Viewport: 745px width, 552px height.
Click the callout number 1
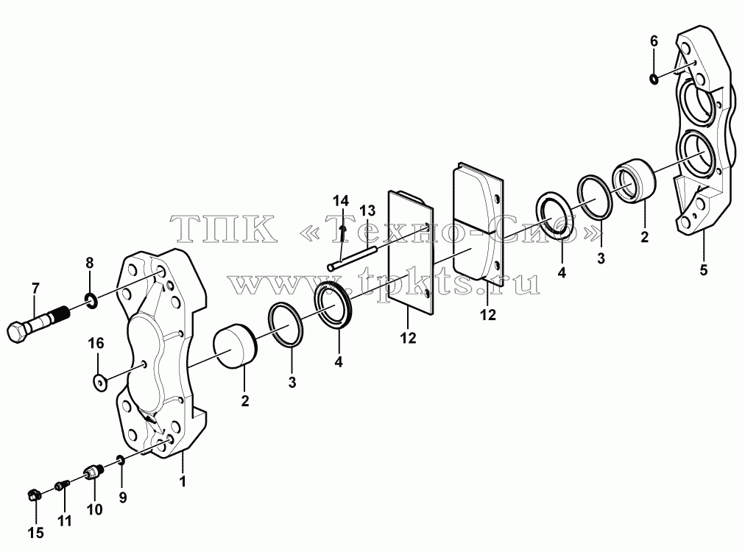click(x=183, y=481)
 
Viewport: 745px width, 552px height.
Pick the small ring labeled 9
click(x=121, y=459)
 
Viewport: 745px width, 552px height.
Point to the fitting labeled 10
click(x=94, y=473)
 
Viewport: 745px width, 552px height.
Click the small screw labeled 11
click(x=63, y=486)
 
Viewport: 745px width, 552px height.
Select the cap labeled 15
click(x=33, y=495)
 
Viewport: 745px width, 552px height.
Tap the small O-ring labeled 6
click(x=654, y=78)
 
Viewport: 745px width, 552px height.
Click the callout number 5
click(x=703, y=270)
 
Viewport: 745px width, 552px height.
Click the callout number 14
click(x=340, y=200)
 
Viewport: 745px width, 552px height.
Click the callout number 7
click(x=35, y=288)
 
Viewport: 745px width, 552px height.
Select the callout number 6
click(x=654, y=41)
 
